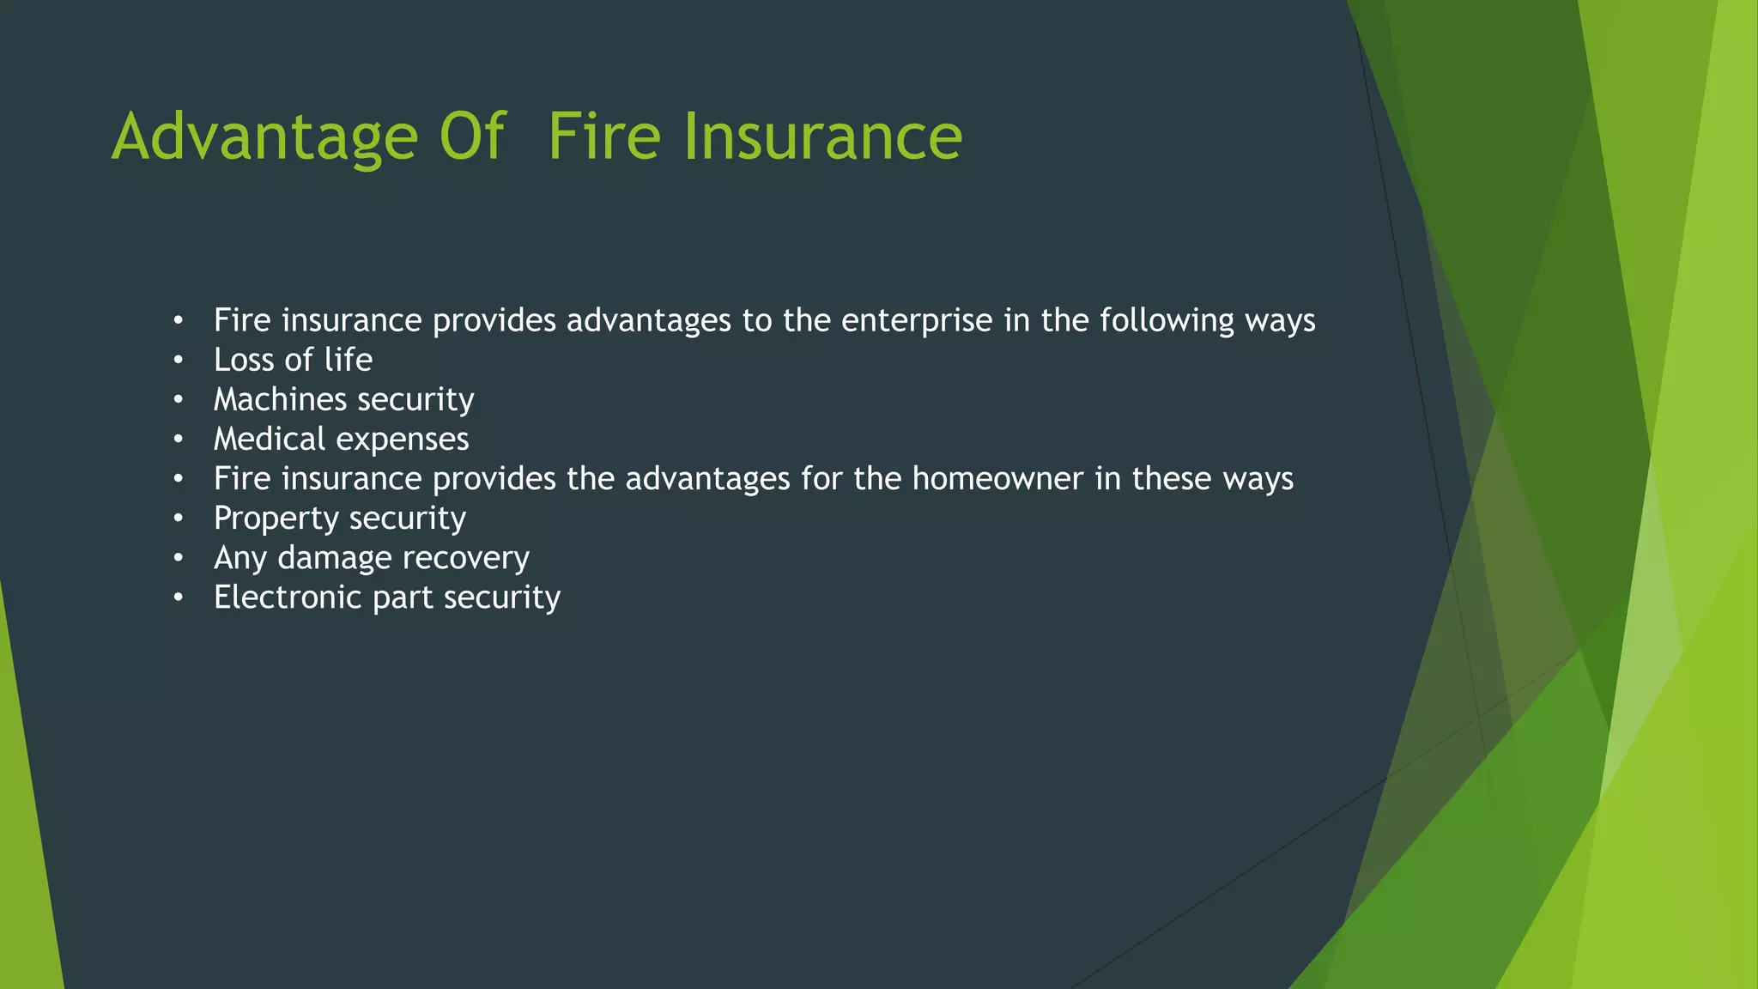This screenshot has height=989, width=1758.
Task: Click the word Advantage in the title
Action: [264, 137]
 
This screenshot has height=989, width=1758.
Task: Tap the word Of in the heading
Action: [472, 137]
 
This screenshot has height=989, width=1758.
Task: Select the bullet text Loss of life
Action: [293, 360]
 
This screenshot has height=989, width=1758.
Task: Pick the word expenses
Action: [403, 440]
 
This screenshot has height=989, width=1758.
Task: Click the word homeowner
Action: [997, 479]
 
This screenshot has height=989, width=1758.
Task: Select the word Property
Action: [276, 519]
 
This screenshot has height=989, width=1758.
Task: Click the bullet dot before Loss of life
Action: [178, 361]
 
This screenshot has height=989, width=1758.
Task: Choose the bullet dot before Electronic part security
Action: [178, 598]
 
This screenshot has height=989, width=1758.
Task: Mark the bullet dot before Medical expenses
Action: [178, 440]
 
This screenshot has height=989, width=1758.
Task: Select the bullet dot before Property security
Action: [178, 519]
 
